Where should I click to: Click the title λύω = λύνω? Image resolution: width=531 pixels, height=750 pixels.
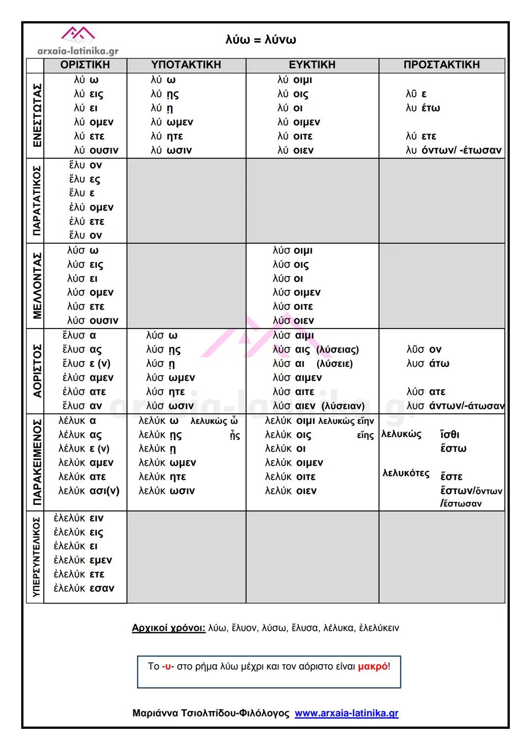coord(261,40)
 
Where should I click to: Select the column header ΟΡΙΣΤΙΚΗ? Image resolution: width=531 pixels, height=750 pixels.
coord(85,65)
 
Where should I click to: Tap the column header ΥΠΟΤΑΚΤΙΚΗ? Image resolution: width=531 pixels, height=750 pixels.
coord(186,65)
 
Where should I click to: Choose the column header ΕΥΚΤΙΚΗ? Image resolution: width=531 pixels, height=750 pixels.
coord(312,65)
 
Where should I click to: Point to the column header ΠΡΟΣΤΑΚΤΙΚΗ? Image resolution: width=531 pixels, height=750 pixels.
coord(441,65)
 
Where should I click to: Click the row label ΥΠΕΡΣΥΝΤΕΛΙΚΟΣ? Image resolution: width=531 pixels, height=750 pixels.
coord(36,556)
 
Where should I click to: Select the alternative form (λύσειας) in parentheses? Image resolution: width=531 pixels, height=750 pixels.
coord(337,350)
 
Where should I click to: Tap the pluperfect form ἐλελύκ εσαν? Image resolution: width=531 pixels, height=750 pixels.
coord(84,588)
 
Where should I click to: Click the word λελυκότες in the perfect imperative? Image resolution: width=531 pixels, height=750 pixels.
coord(406,473)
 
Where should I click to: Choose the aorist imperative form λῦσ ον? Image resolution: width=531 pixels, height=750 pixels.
coord(424,350)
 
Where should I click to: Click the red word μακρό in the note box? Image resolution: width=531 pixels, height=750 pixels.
coord(372,667)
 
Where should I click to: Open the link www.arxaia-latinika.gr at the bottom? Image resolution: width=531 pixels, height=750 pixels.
coord(347,713)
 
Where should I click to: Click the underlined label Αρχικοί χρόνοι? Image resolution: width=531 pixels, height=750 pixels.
coord(169,628)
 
